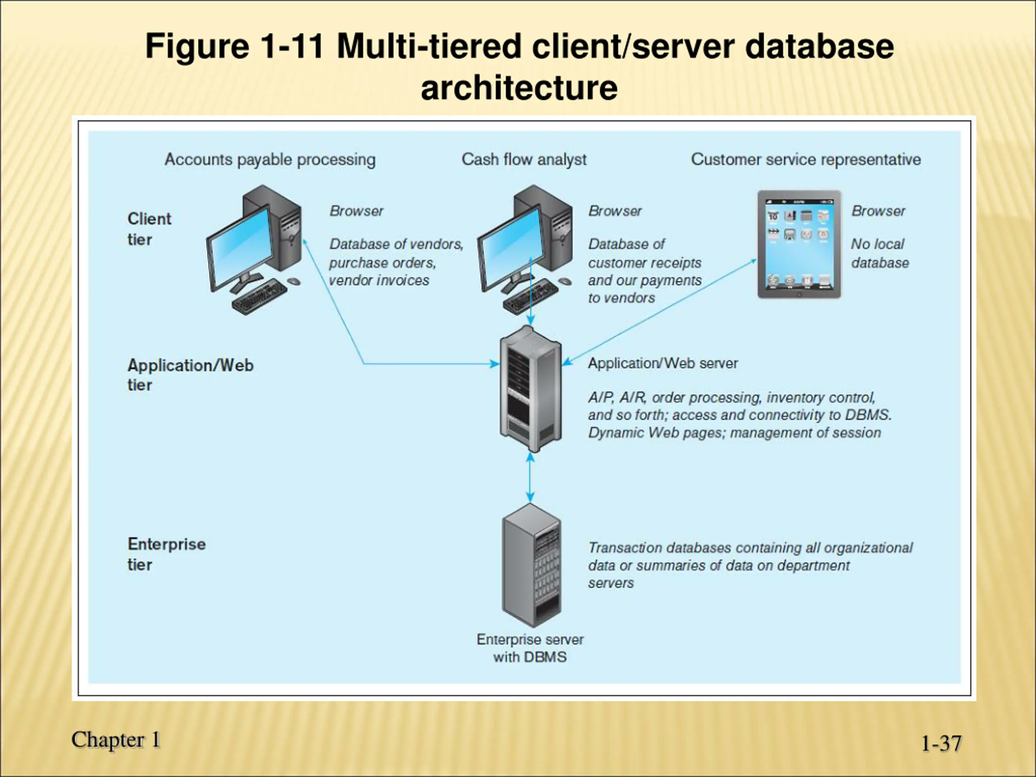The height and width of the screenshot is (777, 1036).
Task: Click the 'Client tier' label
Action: (149, 229)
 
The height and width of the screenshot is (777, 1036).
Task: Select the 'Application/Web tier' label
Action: (190, 375)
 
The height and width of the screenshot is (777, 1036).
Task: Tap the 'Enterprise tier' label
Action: (166, 554)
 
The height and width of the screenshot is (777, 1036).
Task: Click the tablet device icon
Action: (799, 244)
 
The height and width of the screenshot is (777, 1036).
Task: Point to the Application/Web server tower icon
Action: (530, 389)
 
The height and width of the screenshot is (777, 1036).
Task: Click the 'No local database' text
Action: (879, 253)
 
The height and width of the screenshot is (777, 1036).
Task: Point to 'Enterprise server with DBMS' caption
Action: (530, 648)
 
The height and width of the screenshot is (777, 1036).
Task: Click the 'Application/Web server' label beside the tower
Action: (663, 363)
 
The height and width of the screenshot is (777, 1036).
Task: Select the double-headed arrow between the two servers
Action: (530, 478)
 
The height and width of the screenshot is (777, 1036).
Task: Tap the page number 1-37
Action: (941, 743)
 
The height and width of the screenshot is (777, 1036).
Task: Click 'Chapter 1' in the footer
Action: (116, 740)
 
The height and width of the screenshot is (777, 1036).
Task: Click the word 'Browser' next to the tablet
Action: (878, 211)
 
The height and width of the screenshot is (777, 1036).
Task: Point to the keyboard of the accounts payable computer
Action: (259, 297)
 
